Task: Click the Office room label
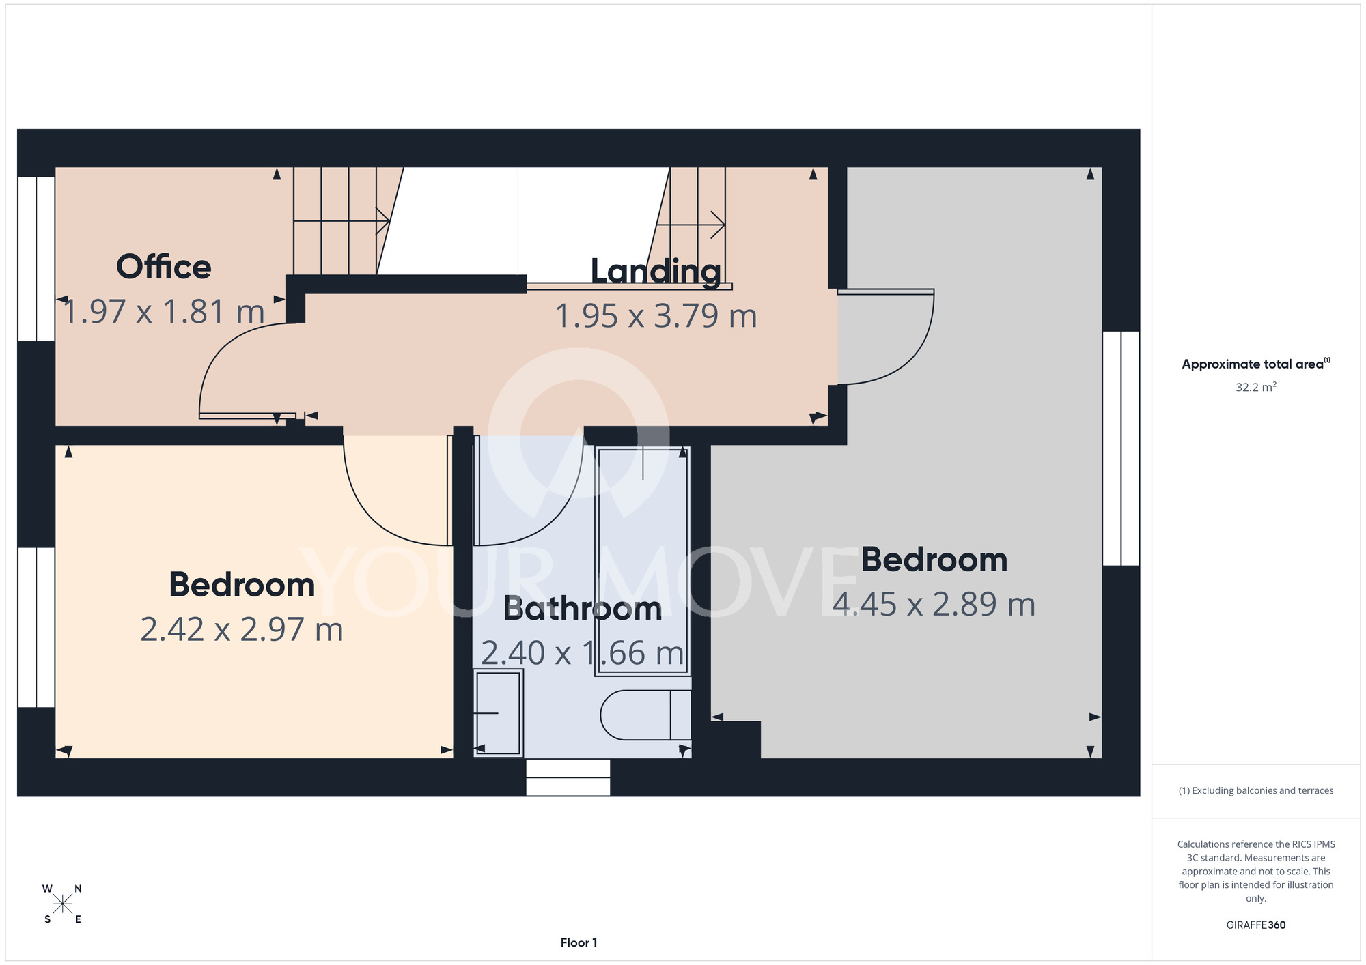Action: (164, 266)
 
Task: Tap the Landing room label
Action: (656, 272)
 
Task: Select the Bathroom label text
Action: (583, 609)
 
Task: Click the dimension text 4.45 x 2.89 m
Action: (934, 605)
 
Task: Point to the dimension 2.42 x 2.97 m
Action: (242, 629)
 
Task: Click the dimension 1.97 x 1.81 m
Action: (164, 312)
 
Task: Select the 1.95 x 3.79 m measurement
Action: (656, 316)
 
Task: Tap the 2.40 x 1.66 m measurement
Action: (583, 653)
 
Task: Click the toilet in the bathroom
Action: (646, 715)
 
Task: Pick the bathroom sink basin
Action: (499, 713)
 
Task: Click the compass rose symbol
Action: (62, 904)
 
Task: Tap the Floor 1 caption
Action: (579, 942)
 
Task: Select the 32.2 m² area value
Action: (1256, 387)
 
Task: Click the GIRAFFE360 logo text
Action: (1256, 925)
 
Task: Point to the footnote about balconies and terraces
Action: (1256, 790)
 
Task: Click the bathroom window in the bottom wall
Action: (568, 777)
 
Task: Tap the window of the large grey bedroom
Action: (1121, 448)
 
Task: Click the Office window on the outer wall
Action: (36, 259)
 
